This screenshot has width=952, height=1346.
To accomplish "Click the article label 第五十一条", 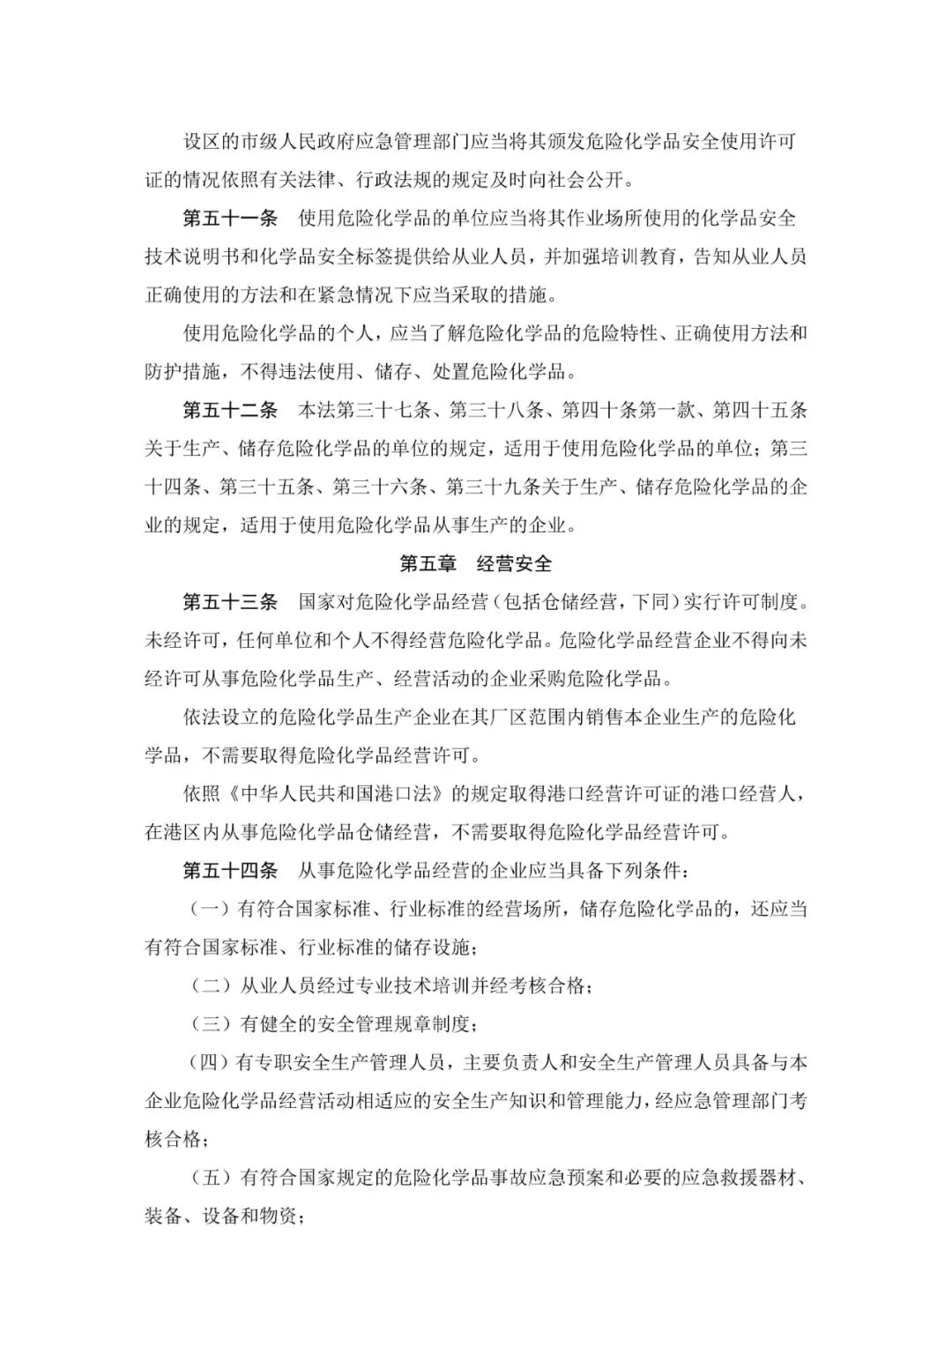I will point(229,219).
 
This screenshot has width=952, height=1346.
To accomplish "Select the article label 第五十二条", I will point(229,410).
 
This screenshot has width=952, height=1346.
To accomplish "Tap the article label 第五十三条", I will point(229,602).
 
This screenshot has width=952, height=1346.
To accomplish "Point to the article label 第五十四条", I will point(229,870).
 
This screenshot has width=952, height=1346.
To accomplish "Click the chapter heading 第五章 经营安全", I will point(475,564).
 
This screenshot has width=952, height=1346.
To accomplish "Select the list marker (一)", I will point(211,909).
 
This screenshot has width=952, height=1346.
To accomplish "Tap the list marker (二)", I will point(211,985).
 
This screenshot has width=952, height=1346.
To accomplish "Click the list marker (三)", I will point(211,1024).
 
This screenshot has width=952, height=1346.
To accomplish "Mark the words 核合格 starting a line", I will point(173,1139).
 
